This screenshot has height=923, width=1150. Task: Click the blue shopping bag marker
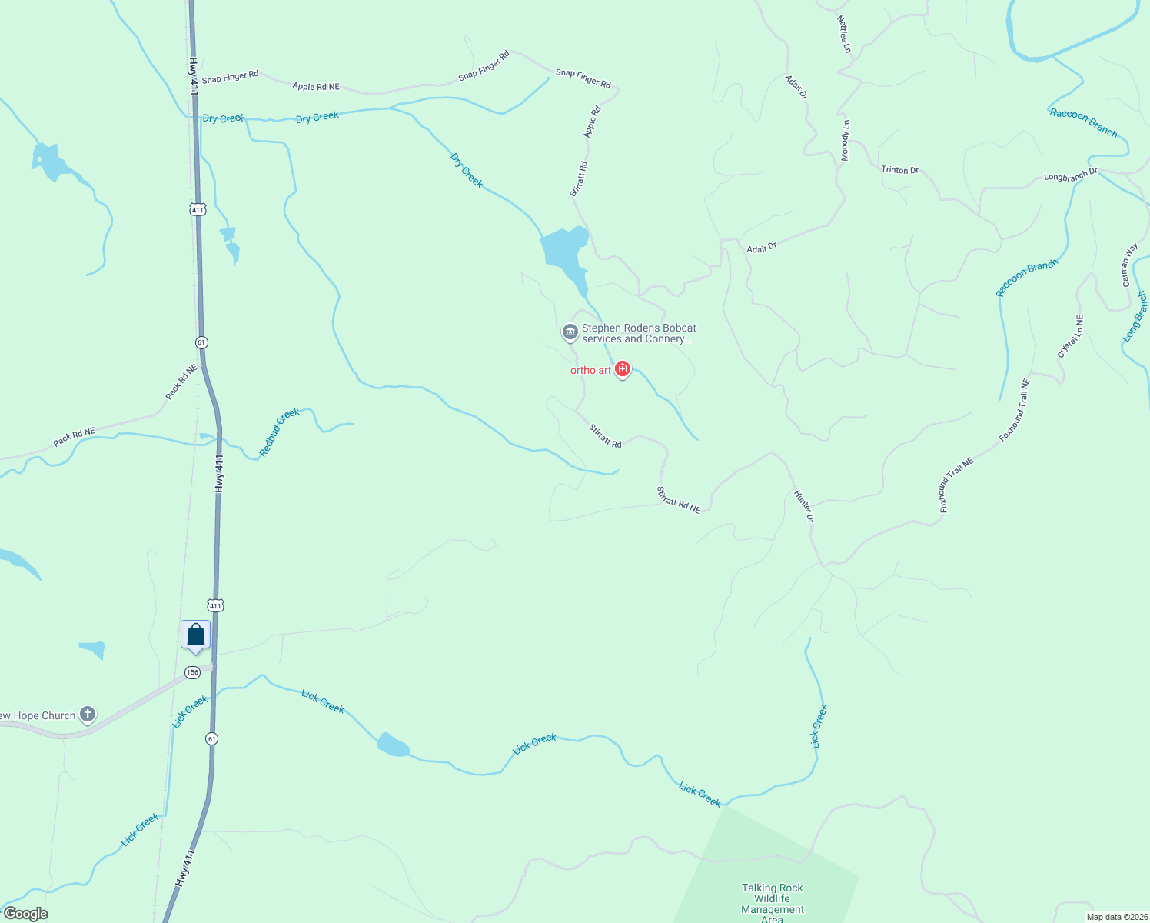click(195, 635)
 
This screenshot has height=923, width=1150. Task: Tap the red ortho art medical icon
click(623, 369)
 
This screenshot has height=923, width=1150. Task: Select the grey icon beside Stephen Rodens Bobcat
click(570, 332)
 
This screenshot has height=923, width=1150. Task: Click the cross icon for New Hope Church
click(88, 715)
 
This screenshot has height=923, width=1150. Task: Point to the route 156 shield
click(192, 672)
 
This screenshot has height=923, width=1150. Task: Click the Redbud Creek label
click(279, 432)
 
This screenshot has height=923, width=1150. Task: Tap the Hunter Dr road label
click(804, 506)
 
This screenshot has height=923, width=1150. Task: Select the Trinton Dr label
click(899, 170)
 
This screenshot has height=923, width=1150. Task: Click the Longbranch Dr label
click(1070, 176)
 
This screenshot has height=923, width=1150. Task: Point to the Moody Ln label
click(846, 140)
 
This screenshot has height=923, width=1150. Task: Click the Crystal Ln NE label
click(1069, 336)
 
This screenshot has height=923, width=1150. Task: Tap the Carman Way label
click(1129, 265)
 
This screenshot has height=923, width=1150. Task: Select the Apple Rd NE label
click(316, 87)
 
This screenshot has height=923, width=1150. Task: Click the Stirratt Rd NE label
click(679, 499)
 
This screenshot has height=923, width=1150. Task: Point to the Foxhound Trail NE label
click(956, 485)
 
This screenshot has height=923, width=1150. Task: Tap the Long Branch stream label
click(1135, 316)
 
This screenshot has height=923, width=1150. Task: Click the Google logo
click(25, 914)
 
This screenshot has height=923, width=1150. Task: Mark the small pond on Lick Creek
click(393, 745)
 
